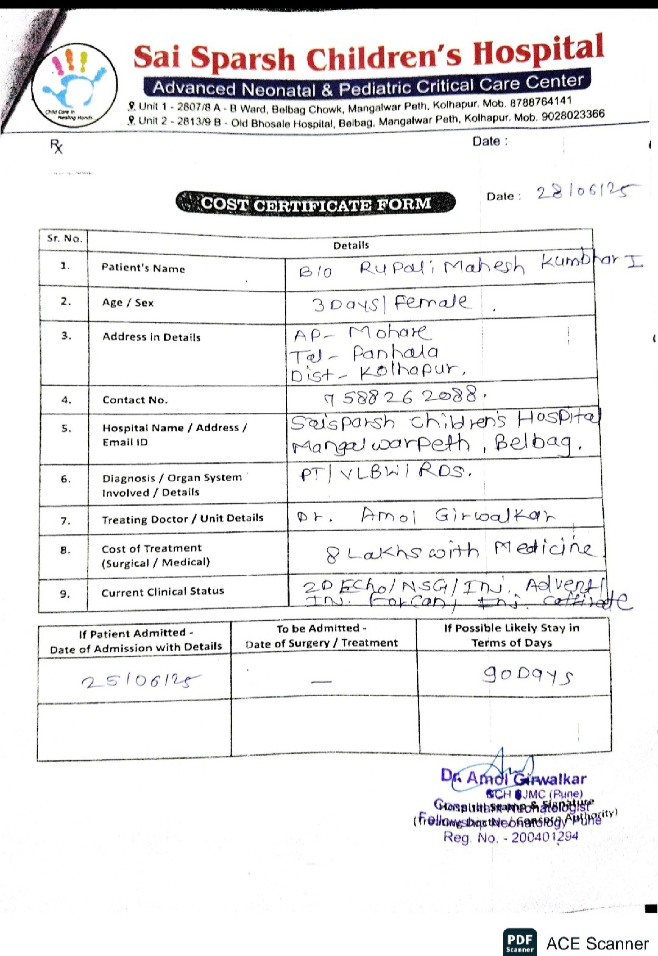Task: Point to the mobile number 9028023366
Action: coord(573,116)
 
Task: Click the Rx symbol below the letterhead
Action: coord(56,146)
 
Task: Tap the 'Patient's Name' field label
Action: coord(143,268)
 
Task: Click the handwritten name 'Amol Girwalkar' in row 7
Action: coord(458,516)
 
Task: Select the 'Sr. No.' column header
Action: coord(64,239)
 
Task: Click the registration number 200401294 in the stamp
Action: coord(544,837)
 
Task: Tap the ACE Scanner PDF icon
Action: coord(520,942)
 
